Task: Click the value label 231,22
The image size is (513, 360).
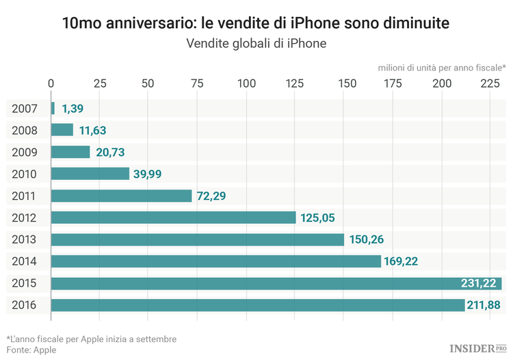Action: click(x=479, y=283)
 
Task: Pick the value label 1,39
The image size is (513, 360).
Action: click(x=73, y=108)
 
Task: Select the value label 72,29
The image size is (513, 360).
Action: click(x=211, y=196)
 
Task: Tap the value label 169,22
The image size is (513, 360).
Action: click(x=402, y=261)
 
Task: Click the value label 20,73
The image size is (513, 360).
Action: click(x=110, y=152)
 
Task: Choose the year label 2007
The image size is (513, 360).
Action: click(x=24, y=108)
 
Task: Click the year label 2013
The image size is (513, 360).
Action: click(x=24, y=240)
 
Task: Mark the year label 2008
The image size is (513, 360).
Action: click(x=24, y=130)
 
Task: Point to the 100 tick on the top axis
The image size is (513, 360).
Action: click(x=246, y=83)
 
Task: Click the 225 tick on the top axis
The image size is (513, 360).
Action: click(x=490, y=83)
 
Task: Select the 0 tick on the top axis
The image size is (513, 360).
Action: click(x=51, y=83)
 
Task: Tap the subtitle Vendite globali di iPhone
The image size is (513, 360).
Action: click(x=256, y=44)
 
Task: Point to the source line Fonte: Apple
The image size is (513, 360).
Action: click(x=31, y=350)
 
